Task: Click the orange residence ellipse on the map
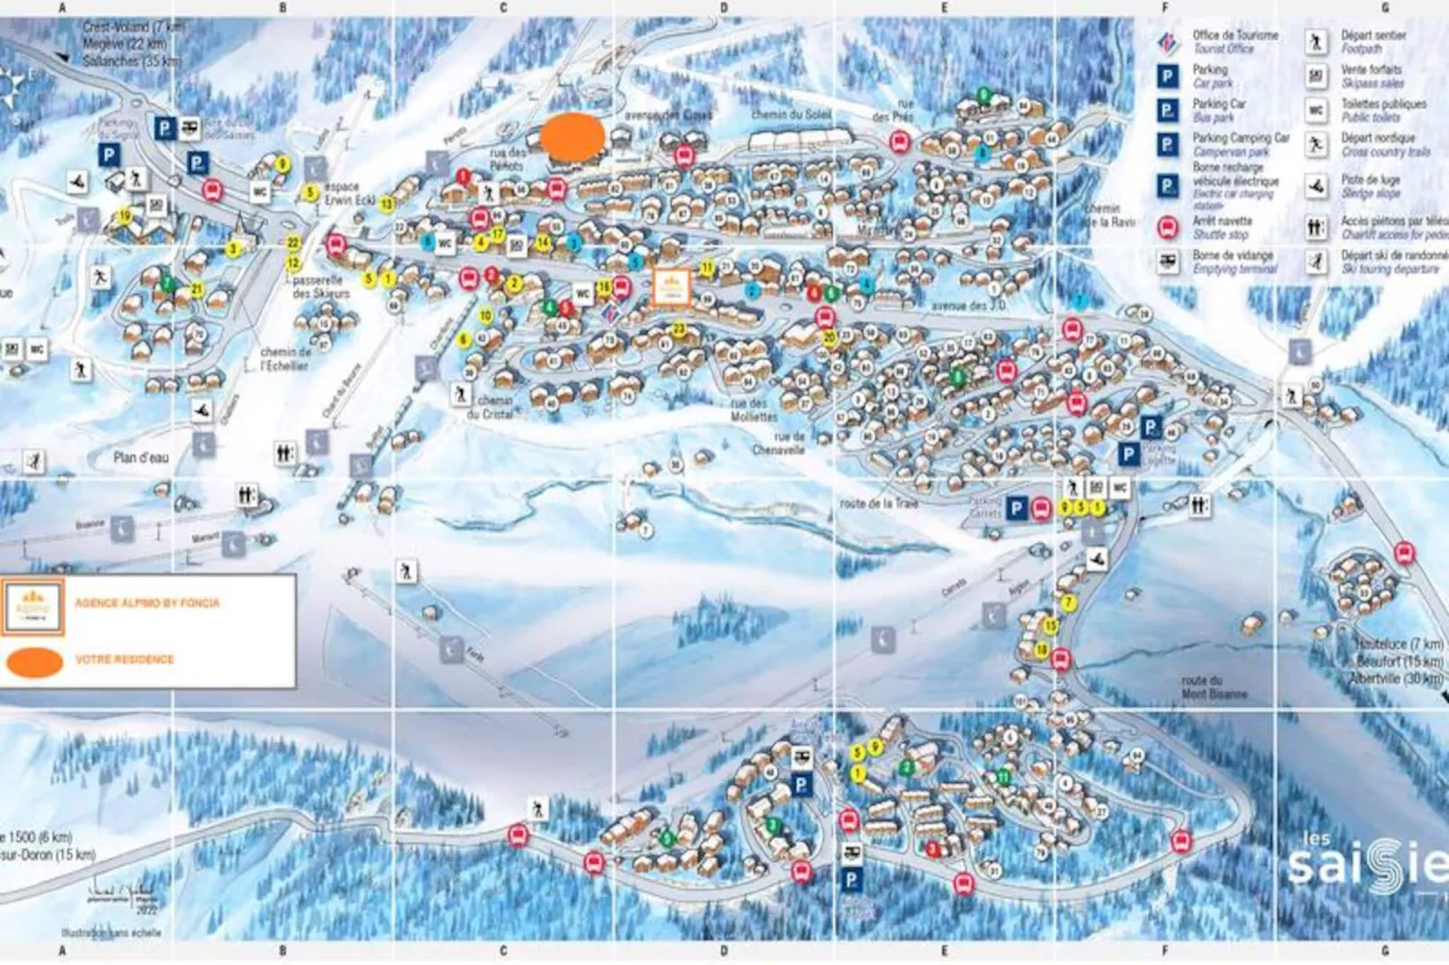(572, 138)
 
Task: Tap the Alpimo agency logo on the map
(671, 288)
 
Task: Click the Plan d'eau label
(142, 457)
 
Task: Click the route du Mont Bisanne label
(1214, 687)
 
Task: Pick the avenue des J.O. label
(968, 306)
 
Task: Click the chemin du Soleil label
(791, 115)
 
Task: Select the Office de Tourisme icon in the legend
(1168, 41)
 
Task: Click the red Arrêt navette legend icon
(1168, 227)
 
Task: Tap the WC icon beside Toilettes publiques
(1316, 111)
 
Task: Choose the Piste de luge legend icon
(1316, 187)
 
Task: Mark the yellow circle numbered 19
(125, 216)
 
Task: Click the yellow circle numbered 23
(678, 329)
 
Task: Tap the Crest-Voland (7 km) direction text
(134, 27)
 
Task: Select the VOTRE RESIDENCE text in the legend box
(125, 659)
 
